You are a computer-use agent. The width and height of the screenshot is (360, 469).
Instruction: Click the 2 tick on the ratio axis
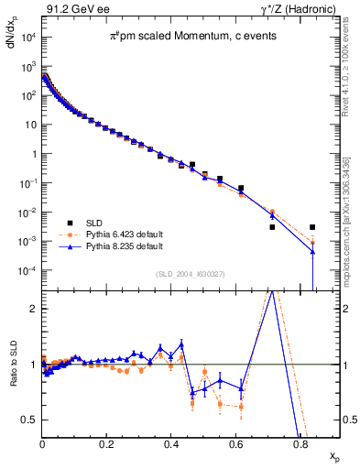pyautogui.click(x=33, y=309)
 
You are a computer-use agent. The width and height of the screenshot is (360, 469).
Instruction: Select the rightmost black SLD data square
pyautogui.click(x=312, y=227)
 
